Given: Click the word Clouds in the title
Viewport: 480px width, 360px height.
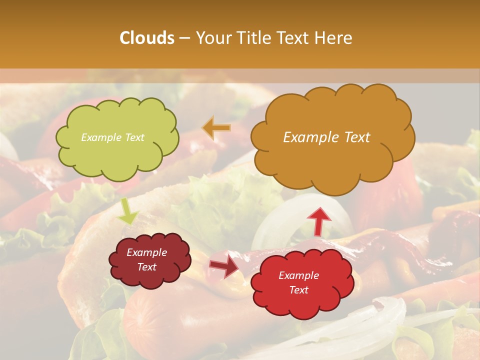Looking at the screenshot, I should tap(146, 38).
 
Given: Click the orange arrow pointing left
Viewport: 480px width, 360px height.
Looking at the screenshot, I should tap(216, 128).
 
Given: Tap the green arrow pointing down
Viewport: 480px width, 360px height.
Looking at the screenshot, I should tap(127, 211).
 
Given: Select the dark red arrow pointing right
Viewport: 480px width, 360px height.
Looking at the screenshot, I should tap(223, 266).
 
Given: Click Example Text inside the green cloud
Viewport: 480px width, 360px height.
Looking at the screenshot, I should tap(112, 137).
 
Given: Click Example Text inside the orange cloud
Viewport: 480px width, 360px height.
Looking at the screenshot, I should tap(326, 137).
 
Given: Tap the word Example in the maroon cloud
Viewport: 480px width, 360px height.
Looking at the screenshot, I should tap(146, 252).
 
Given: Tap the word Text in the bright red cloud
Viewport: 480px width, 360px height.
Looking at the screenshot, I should tap(298, 290).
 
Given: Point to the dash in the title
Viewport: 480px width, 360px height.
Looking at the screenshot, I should tap(184, 38).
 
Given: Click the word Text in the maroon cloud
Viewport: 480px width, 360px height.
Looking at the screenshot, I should tap(146, 267).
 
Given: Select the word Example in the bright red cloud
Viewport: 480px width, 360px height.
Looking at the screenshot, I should tap(298, 275).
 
